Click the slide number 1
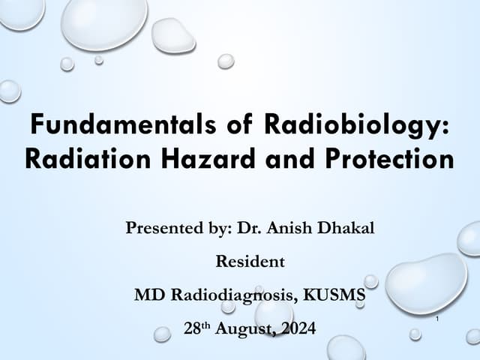pyautogui.click(x=436, y=320)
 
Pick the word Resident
pyautogui.click(x=240, y=262)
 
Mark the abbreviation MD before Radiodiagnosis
pyautogui.click(x=148, y=295)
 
